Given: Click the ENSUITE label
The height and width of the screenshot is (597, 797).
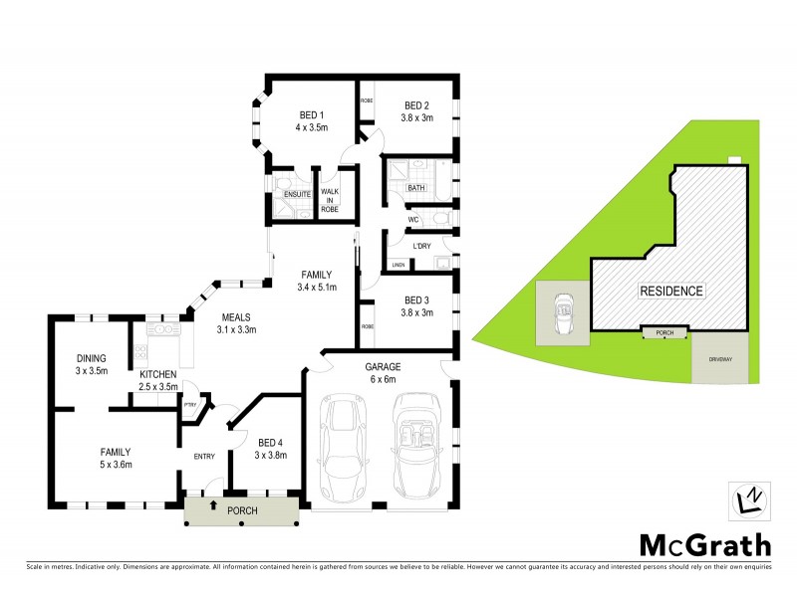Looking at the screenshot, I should tap(297, 195).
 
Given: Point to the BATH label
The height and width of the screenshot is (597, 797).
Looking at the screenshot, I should tap(416, 187).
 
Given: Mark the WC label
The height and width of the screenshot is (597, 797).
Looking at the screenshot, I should tap(411, 219).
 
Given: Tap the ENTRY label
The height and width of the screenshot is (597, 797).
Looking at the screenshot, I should tap(204, 456).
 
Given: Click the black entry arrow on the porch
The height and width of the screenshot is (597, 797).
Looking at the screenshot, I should tap(212, 507).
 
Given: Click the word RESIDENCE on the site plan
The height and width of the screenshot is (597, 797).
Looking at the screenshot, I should tap(670, 292).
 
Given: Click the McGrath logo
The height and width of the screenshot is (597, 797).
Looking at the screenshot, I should tap(703, 544).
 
